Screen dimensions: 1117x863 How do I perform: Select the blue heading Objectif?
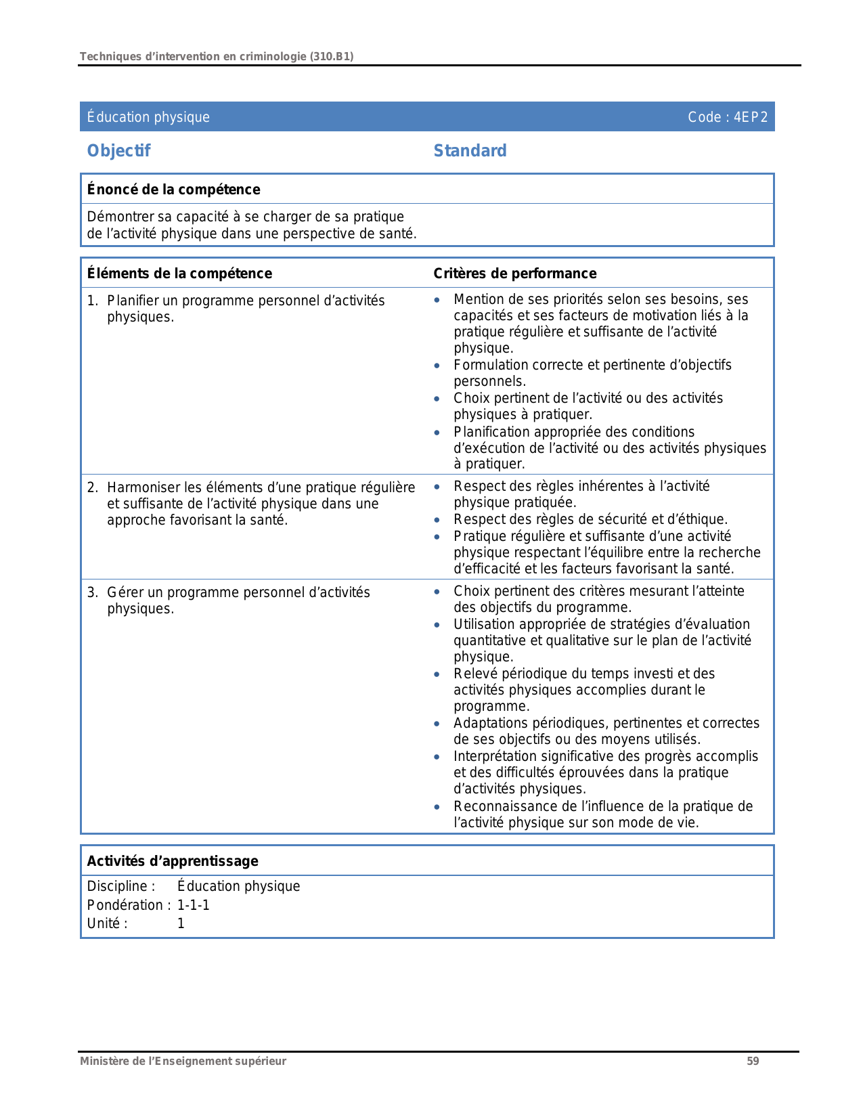click(x=118, y=151)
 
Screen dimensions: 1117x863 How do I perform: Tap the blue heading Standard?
click(x=470, y=151)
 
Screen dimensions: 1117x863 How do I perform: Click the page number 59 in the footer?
click(x=753, y=1061)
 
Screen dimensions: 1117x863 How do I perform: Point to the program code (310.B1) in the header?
click(x=332, y=56)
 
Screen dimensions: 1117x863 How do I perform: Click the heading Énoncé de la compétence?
click(x=173, y=190)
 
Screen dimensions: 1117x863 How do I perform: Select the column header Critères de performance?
click(x=514, y=273)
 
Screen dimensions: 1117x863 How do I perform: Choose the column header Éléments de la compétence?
click(x=179, y=273)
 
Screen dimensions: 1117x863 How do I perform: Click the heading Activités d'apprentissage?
click(x=173, y=861)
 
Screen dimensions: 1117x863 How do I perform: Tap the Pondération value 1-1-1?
click(x=194, y=905)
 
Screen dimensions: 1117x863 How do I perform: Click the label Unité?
click(x=107, y=923)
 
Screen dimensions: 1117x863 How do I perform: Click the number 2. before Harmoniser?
click(x=93, y=487)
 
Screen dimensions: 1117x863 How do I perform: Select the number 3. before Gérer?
click(x=93, y=592)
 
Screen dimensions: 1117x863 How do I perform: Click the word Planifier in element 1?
click(x=133, y=301)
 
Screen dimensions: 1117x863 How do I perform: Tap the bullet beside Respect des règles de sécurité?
click(x=437, y=520)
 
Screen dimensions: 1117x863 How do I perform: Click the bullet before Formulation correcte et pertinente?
click(x=437, y=366)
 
